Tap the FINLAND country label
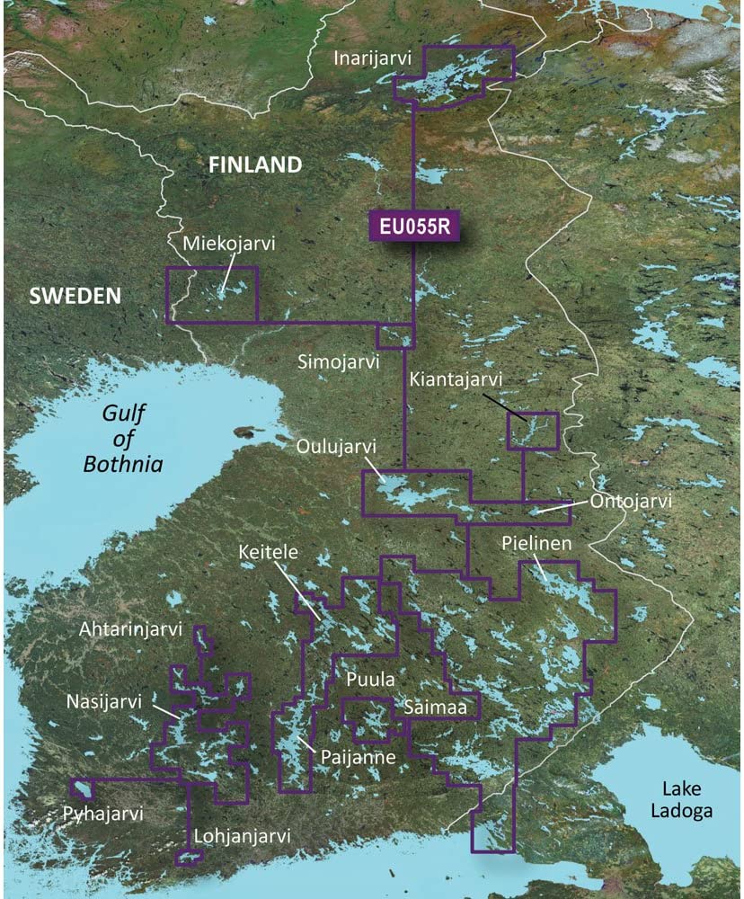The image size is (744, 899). (254, 165)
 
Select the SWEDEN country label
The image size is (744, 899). (75, 295)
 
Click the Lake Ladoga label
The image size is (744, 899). (687, 799)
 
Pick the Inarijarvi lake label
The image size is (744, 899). (372, 58)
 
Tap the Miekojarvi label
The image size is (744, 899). (228, 244)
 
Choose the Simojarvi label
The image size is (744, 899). (339, 361)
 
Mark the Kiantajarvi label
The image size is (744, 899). (454, 380)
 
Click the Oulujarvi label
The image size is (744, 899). (335, 447)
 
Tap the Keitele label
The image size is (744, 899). (268, 550)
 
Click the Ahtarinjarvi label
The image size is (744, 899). (130, 628)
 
